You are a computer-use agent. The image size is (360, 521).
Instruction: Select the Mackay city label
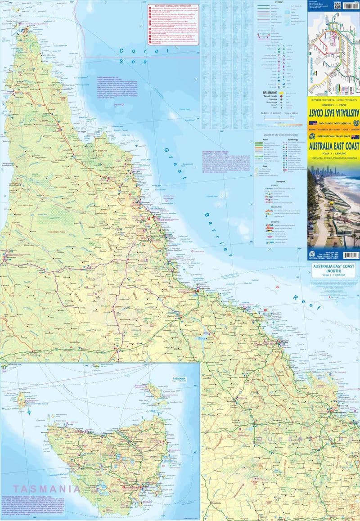pyautogui.click(x=283, y=343)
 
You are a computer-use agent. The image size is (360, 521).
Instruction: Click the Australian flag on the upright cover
pyautogui.click(x=355, y=137)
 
